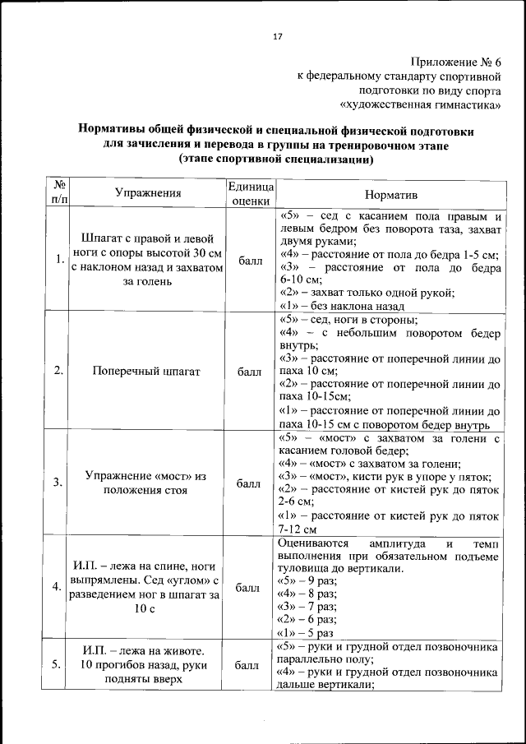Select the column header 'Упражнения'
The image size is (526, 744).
pyautogui.click(x=148, y=193)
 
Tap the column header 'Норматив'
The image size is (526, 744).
pyautogui.click(x=391, y=195)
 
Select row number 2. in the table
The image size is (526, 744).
pyautogui.click(x=59, y=371)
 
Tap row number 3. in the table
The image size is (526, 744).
pyautogui.click(x=59, y=483)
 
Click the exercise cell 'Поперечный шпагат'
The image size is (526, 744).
pyautogui.click(x=148, y=372)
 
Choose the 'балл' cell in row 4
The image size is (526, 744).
pyautogui.click(x=247, y=588)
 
